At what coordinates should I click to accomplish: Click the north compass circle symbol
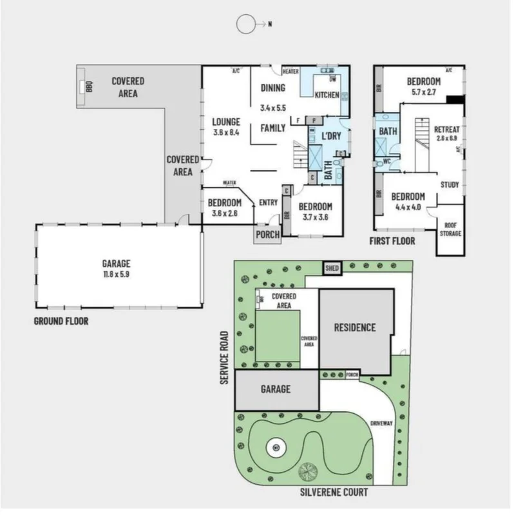(245, 24)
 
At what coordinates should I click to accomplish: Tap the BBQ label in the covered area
(90, 87)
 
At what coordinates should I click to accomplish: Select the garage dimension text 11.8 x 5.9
(116, 273)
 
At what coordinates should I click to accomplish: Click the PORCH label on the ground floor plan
(268, 235)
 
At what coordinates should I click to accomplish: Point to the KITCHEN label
(327, 95)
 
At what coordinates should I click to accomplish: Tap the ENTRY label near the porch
(268, 202)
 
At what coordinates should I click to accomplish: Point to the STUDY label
(450, 185)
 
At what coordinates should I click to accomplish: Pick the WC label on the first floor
(387, 160)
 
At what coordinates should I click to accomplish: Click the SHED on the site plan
(332, 268)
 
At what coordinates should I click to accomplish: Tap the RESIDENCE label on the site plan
(354, 327)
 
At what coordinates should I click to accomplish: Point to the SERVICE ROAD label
(225, 358)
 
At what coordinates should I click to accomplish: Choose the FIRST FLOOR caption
(392, 241)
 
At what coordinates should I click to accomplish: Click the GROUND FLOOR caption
(61, 320)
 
